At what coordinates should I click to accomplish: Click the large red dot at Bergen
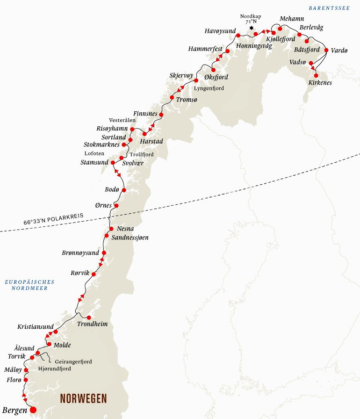[x=33, y=410]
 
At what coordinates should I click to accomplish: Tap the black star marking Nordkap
[x=252, y=29]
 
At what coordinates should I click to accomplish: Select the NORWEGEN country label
[x=83, y=398]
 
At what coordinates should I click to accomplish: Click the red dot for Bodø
[x=123, y=190]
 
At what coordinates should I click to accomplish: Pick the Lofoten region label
[x=94, y=153]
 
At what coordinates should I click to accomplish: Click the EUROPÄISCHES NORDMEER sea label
[x=29, y=285]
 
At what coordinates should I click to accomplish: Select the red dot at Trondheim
[x=88, y=318]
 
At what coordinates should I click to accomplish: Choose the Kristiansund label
[x=36, y=326]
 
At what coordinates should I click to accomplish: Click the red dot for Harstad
[x=144, y=134]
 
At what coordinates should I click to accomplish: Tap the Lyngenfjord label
[x=209, y=88]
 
